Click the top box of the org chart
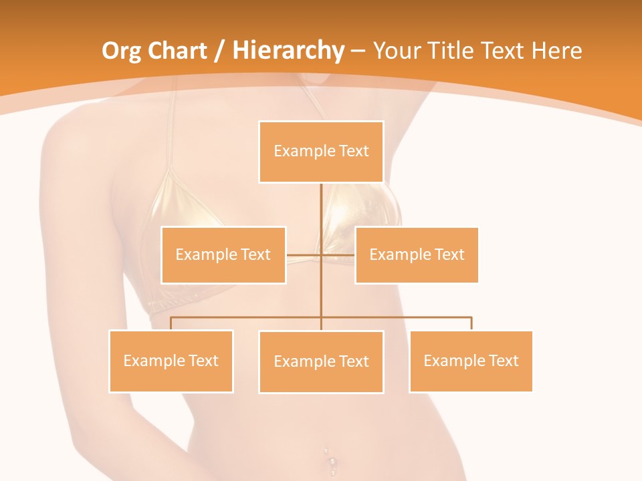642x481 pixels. coord(321,152)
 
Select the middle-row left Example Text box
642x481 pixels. coord(223,255)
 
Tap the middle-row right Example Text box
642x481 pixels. coord(417,255)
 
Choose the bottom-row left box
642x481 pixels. coord(171,361)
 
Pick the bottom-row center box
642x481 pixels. coord(321,361)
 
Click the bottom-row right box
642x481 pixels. coord(471,361)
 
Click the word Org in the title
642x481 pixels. coord(121,51)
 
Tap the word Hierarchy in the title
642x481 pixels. coord(288,51)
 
